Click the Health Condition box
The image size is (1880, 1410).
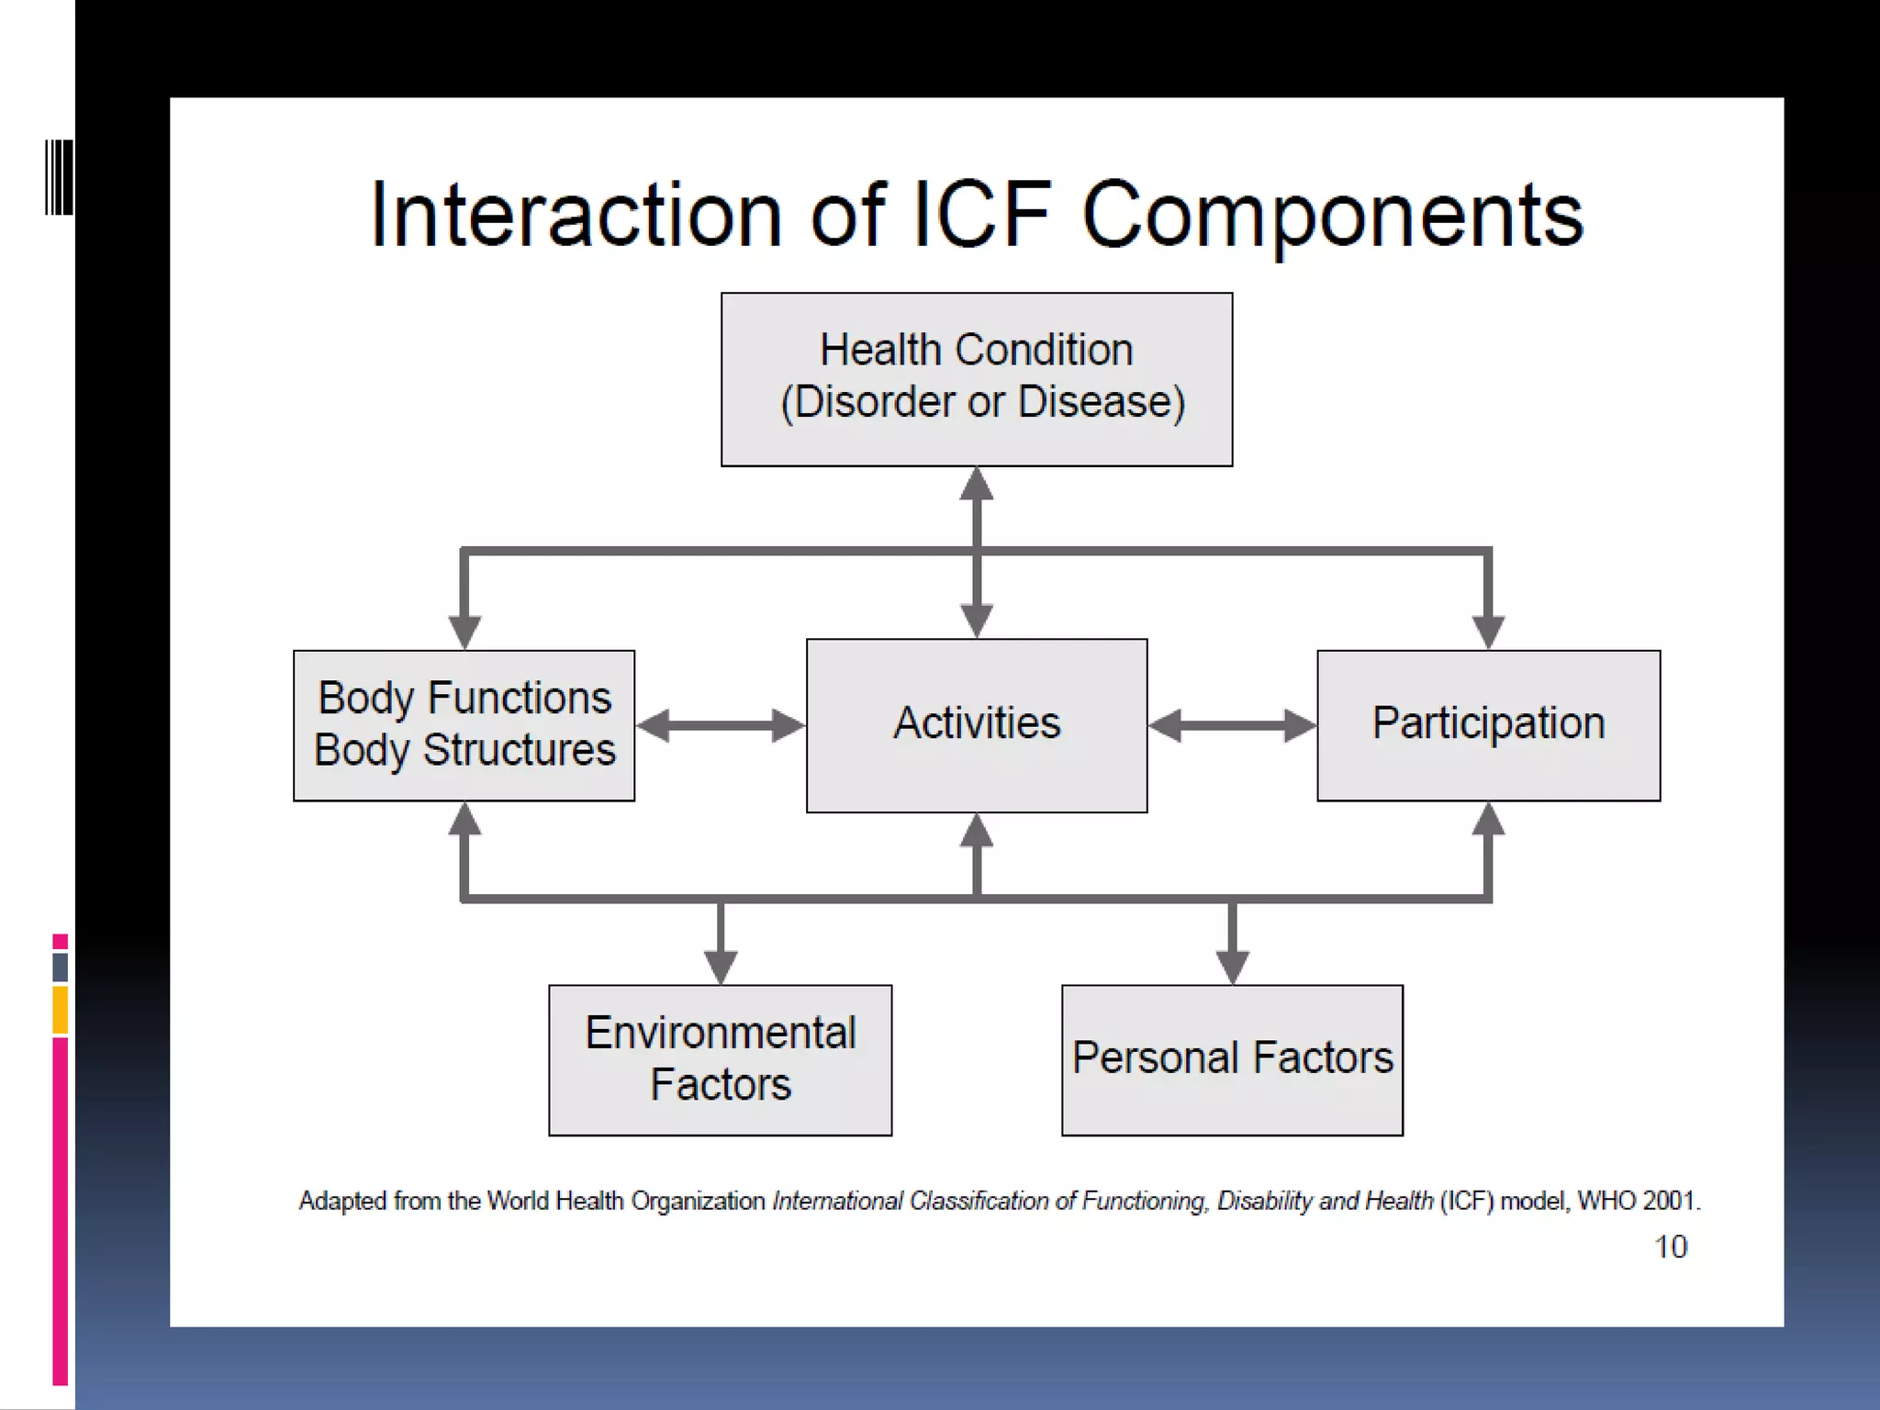click(x=976, y=379)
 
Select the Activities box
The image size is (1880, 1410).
click(x=976, y=724)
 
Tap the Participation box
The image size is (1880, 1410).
click(x=1488, y=724)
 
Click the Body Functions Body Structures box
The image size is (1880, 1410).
click(x=464, y=724)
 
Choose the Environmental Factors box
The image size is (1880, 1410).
click(x=720, y=1059)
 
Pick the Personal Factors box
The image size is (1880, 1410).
click(x=1232, y=1059)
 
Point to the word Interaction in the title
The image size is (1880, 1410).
click(x=576, y=215)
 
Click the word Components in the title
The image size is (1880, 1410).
click(x=1332, y=217)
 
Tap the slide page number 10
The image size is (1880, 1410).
click(x=1670, y=1247)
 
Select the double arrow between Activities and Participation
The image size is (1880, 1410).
click(x=1232, y=725)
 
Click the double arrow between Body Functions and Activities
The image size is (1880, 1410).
click(x=720, y=725)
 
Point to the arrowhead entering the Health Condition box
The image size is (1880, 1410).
click(x=976, y=484)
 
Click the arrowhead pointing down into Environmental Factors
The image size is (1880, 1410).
click(x=721, y=968)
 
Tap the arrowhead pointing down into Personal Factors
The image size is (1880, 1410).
click(x=1232, y=968)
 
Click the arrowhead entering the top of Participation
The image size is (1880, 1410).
click(x=1488, y=632)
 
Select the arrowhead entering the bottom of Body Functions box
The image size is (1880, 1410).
click(x=464, y=820)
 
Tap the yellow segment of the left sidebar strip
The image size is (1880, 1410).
click(x=61, y=1010)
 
